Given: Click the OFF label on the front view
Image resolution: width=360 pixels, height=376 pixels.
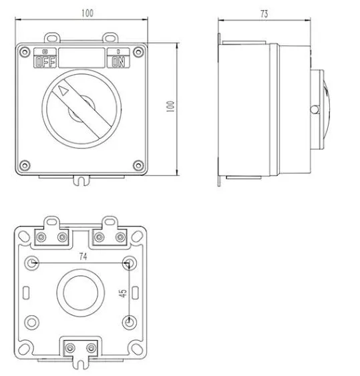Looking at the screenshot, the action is (x=45, y=61).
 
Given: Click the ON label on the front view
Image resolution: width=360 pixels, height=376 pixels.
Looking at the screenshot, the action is (x=118, y=61).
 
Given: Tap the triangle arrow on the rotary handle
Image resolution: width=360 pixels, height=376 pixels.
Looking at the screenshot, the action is (x=63, y=91).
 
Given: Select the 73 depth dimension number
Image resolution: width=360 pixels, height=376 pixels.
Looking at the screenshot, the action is (x=264, y=14).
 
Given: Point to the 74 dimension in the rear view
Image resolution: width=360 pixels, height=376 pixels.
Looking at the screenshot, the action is (x=83, y=256).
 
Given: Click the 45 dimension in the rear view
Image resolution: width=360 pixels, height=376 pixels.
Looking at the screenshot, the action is (x=123, y=293).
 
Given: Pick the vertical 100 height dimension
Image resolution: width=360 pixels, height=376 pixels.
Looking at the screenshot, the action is (x=170, y=106).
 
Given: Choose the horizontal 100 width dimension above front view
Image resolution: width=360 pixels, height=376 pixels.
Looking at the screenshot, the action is (x=87, y=13).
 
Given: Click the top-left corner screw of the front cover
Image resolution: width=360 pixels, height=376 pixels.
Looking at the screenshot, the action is (x=25, y=52).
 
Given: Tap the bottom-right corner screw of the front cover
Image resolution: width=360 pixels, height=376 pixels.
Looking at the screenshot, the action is (x=138, y=165).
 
